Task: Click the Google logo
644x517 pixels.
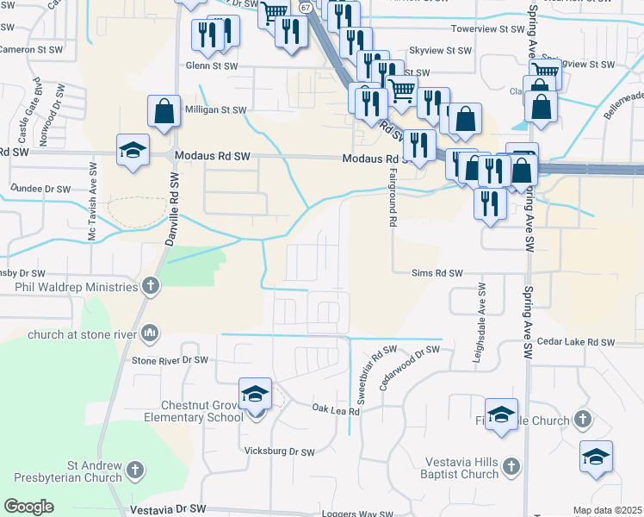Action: point(29,506)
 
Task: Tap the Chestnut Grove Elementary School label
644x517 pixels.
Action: point(202,411)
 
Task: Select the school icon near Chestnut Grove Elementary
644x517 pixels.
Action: point(255,396)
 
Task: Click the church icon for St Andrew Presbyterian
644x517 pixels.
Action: point(134,470)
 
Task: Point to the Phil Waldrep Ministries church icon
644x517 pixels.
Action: point(151,286)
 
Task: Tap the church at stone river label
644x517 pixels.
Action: point(83,333)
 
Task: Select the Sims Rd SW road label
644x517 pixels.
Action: point(437,273)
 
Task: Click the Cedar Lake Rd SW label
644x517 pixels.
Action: point(576,342)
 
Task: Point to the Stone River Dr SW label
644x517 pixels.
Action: point(170,359)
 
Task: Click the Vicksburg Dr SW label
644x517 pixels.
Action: point(280,451)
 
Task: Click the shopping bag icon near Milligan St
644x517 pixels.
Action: point(164,112)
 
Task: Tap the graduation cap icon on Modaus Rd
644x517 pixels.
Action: point(133,152)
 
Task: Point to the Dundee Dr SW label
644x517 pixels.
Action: point(40,188)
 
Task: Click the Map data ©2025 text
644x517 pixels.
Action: point(607,510)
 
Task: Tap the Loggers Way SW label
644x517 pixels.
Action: point(363,514)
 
